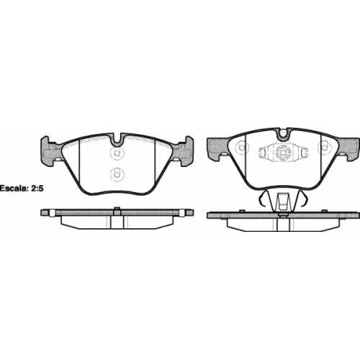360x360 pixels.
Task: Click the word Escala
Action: pyautogui.click(x=14, y=188)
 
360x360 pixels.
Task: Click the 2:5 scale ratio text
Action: pyautogui.click(x=37, y=188)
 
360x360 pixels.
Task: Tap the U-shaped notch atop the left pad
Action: pyautogui.click(x=117, y=140)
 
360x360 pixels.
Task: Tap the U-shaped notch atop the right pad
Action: pyautogui.click(x=283, y=135)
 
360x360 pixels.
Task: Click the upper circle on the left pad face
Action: pyautogui.click(x=117, y=153)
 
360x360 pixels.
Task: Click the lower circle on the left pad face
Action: pyautogui.click(x=117, y=174)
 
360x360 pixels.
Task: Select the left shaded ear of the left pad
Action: pyautogui.click(x=51, y=151)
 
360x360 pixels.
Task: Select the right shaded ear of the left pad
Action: pyautogui.click(x=183, y=151)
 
